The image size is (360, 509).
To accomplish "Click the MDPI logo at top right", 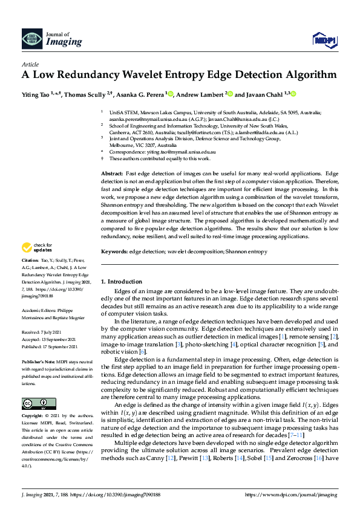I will pos(324,39).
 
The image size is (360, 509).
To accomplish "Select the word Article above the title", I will pos(30,64).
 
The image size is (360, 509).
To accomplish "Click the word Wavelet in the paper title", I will pos(170,76).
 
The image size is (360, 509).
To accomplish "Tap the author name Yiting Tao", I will pos(36,94).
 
